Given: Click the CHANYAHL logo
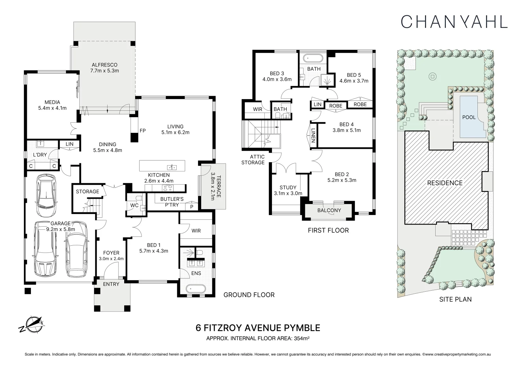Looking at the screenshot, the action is (454, 22).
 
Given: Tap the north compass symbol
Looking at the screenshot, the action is (32, 324).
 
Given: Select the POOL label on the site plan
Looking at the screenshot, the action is (469, 117).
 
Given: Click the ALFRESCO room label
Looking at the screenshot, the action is (104, 65).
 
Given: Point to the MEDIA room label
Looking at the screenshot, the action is (52, 102).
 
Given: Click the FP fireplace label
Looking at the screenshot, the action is (143, 131).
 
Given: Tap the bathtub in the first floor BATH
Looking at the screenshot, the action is (313, 58).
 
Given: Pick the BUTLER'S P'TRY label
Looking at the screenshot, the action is (172, 202).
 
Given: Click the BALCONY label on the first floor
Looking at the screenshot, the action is (329, 210).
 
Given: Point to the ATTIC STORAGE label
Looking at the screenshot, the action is (253, 159).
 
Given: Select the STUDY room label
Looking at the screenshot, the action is (288, 187).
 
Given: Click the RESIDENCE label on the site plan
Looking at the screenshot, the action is (445, 183).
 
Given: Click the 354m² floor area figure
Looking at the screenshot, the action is (302, 338).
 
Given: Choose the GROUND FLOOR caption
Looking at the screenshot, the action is (249, 295).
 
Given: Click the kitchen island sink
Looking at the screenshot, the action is (172, 167).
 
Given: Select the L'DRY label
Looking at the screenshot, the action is (40, 155).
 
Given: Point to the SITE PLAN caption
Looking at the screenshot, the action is (455, 299).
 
